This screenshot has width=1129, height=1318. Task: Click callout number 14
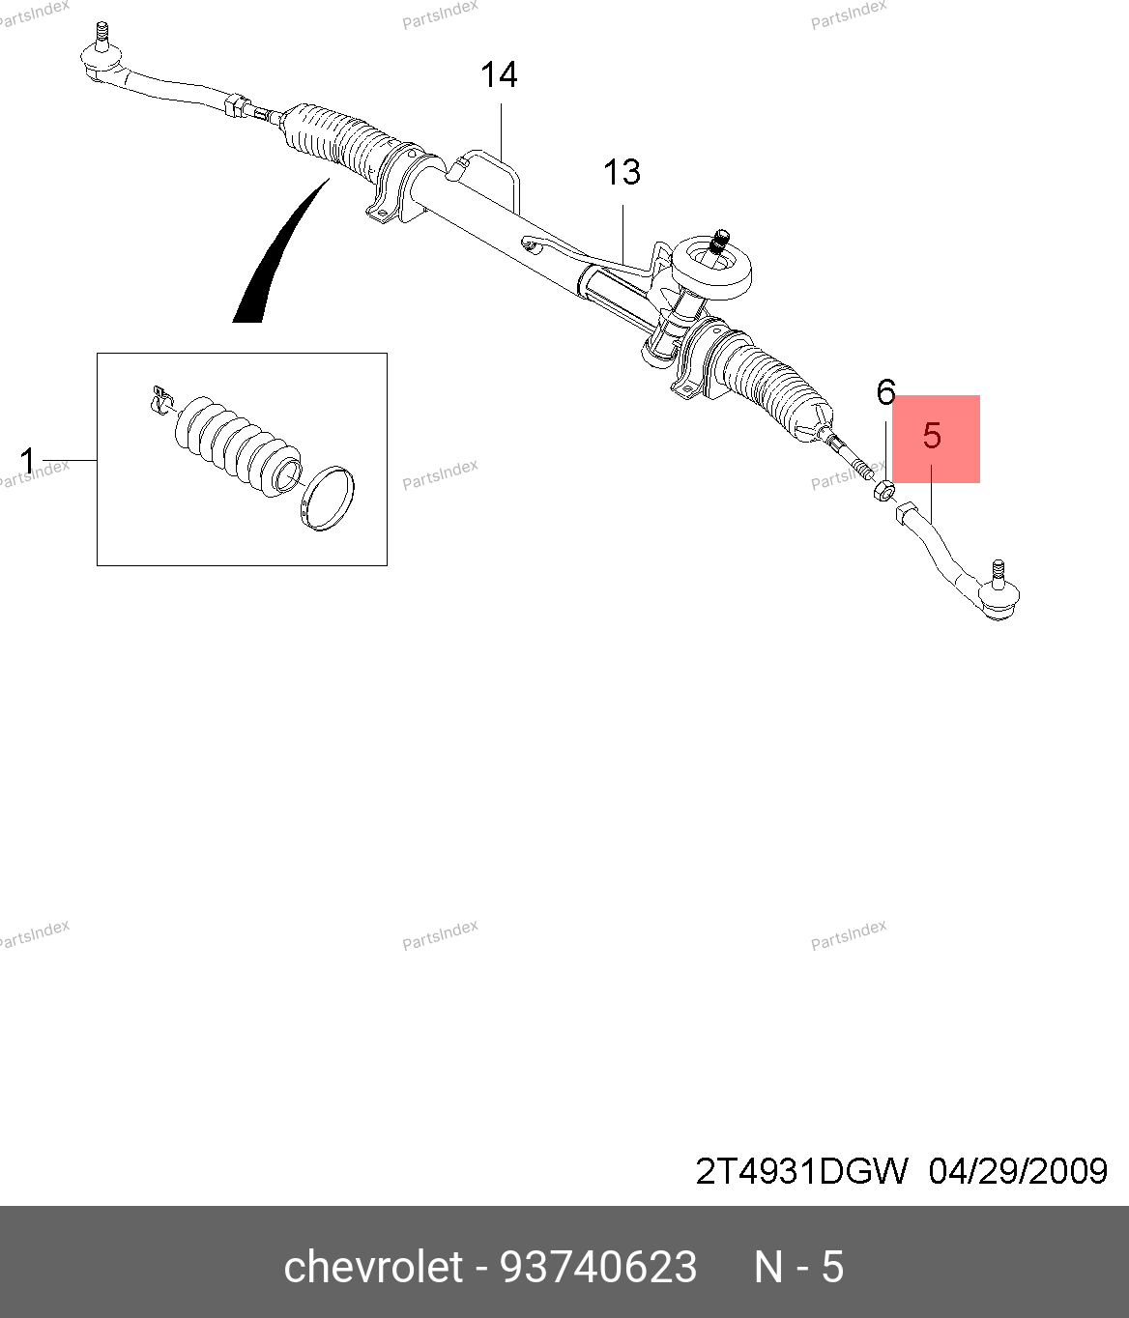pyautogui.click(x=499, y=75)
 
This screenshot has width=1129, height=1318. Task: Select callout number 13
pyautogui.click(x=622, y=172)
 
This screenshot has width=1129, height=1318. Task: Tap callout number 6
pyautogui.click(x=886, y=392)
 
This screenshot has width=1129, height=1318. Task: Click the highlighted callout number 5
pyautogui.click(x=932, y=436)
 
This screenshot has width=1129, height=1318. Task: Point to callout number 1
pyautogui.click(x=27, y=460)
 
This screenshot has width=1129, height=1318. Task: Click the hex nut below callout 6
pyautogui.click(x=883, y=491)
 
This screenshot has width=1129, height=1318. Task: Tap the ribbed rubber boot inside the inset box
pyautogui.click(x=237, y=445)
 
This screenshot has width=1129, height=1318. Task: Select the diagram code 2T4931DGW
pyautogui.click(x=800, y=1171)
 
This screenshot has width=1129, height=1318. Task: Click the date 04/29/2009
pyautogui.click(x=1018, y=1171)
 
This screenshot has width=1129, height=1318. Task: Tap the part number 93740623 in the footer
pyautogui.click(x=598, y=1267)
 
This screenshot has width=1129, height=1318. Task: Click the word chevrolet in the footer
pyautogui.click(x=373, y=1266)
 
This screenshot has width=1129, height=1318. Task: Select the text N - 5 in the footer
pyautogui.click(x=799, y=1267)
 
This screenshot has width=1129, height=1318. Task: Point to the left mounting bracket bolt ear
pyautogui.click(x=379, y=211)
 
